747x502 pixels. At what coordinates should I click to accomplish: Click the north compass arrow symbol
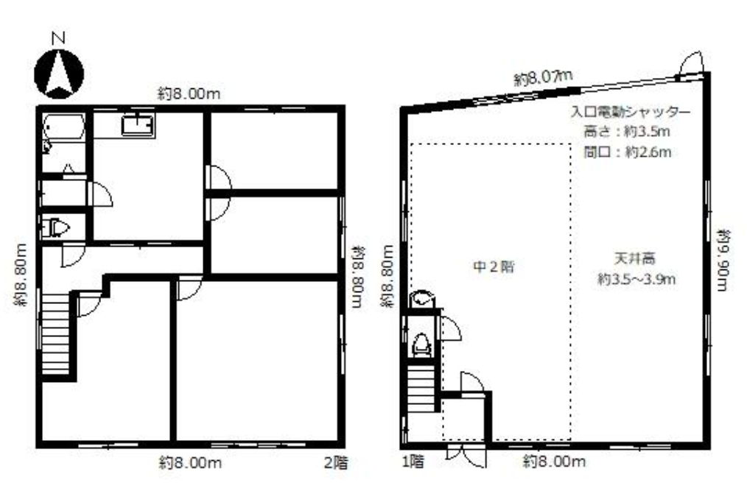coord(59,74)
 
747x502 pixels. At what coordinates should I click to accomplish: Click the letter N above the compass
coord(59,38)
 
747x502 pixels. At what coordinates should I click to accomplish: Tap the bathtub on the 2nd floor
coord(64,126)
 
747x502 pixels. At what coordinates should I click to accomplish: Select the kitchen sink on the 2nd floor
coord(138,126)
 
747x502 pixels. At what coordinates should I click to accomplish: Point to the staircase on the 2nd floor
coord(56,333)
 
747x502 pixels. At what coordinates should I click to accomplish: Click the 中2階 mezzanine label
coord(494,266)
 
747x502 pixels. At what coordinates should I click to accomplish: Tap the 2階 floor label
coord(337,463)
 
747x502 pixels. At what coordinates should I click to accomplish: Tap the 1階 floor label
coord(413,461)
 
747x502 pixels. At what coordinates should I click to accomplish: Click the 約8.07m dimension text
coord(543,77)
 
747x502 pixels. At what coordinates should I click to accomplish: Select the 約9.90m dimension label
coord(723,260)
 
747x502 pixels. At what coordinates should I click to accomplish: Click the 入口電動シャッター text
coord(631,112)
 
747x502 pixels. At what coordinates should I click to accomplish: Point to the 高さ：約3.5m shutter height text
coord(626,131)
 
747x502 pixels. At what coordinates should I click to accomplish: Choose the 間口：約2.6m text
coord(628,152)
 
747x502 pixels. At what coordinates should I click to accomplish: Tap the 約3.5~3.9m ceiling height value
coord(636,279)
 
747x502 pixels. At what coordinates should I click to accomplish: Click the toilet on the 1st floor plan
coord(421,344)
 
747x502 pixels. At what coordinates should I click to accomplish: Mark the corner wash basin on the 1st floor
coord(421,300)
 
